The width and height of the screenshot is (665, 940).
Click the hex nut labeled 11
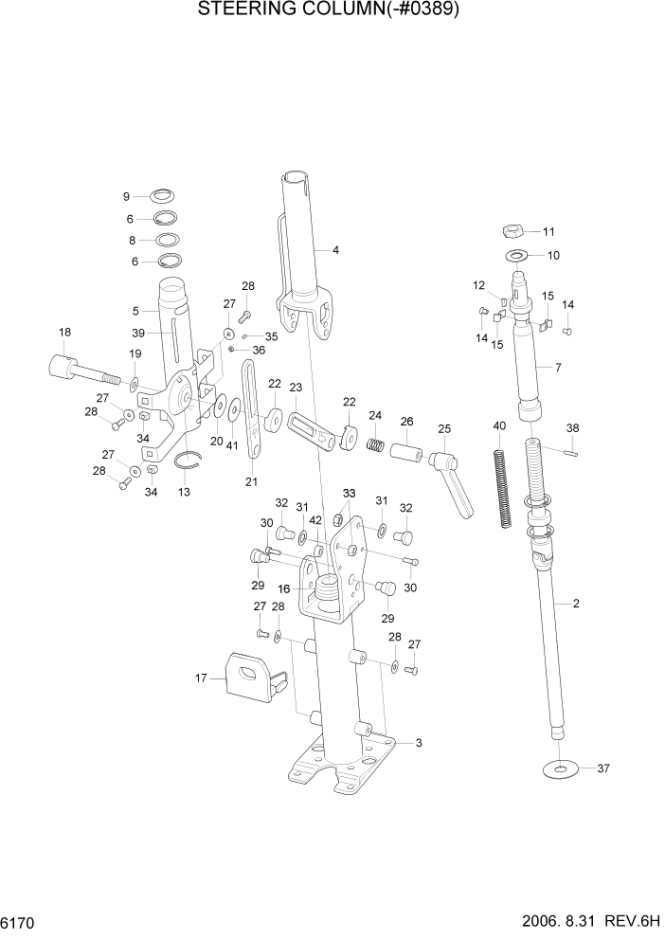coord(510,230)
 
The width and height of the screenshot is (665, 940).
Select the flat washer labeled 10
coord(517,255)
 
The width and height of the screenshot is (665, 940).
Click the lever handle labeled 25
coord(454,480)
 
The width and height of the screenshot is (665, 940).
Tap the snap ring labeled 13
coord(191,461)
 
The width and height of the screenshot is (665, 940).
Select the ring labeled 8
coord(168,240)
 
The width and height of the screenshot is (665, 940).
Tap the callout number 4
coord(333,250)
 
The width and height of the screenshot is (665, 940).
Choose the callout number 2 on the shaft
coord(575,604)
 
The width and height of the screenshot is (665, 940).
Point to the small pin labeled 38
coord(570,452)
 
